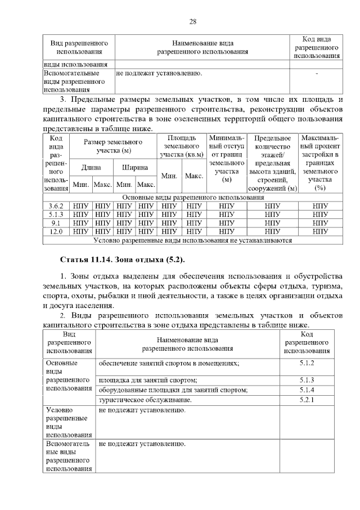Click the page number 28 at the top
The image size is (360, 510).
pyautogui.click(x=192, y=22)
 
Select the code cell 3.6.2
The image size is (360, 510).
pyautogui.click(x=56, y=206)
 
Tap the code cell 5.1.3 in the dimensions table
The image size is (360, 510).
pyautogui.click(x=56, y=214)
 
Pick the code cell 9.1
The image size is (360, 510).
pyautogui.click(x=56, y=223)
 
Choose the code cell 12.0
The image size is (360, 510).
pyautogui.click(x=56, y=231)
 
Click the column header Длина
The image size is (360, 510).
pyautogui.click(x=91, y=167)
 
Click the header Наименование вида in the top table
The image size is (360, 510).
pyautogui.click(x=202, y=47)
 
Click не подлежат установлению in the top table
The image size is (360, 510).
pyautogui.click(x=159, y=73)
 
